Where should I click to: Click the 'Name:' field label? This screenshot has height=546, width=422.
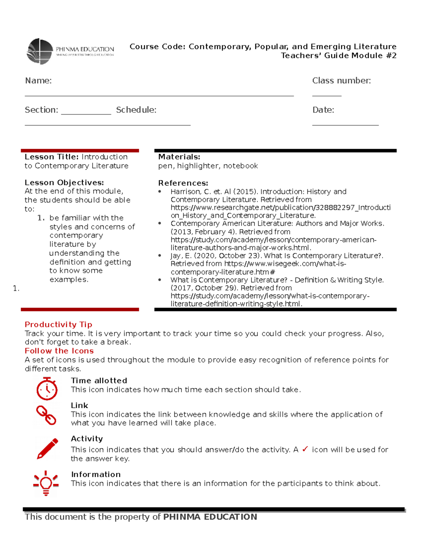coord(38,81)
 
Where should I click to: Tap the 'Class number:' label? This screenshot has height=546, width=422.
coord(341,81)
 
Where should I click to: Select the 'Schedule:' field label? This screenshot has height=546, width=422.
coord(136,110)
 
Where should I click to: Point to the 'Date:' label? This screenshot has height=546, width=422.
coord(323,110)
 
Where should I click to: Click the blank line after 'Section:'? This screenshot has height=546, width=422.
coord(86,113)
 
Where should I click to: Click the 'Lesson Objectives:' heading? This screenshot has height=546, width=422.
coord(64,182)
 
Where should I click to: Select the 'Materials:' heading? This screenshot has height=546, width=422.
coord(179,157)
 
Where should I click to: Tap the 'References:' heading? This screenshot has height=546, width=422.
coord(183,183)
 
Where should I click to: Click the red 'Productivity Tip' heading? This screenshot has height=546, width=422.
coord(58,325)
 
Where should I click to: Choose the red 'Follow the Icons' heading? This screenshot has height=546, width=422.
coord(59,351)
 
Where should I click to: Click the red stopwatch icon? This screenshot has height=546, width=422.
coord(47,388)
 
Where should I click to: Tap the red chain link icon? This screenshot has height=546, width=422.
coord(46,415)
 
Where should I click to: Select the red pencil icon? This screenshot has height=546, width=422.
coord(47,449)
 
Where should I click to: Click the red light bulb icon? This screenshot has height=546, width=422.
coord(46,483)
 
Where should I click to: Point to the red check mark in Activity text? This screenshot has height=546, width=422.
coord(305,449)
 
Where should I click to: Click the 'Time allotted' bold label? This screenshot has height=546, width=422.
coord(99,381)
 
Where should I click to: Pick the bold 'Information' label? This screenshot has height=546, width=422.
coord(96,475)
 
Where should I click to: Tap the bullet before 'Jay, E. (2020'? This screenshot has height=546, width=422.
coord(160,256)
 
